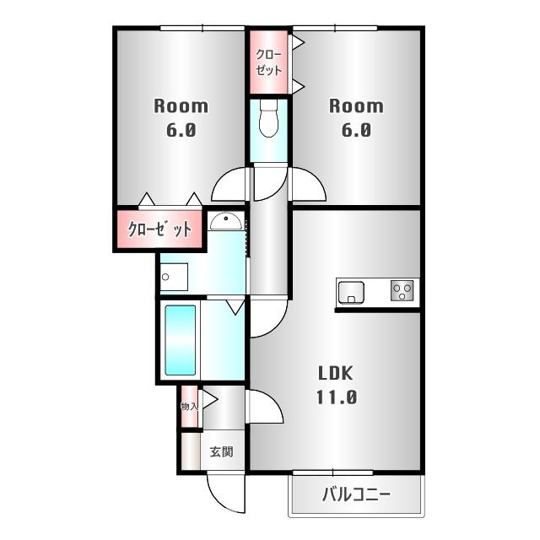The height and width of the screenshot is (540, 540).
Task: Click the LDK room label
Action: (x=334, y=374)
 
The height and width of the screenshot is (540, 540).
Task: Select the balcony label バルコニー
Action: (x=354, y=494)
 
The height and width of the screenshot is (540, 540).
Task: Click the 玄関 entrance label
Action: (x=221, y=452)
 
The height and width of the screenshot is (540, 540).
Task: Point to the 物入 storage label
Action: (x=189, y=407)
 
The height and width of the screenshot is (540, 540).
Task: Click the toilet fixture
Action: (x=269, y=118)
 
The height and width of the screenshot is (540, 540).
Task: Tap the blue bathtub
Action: (x=181, y=339)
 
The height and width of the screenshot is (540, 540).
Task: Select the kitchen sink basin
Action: (x=350, y=292)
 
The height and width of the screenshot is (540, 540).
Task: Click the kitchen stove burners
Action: (x=402, y=291)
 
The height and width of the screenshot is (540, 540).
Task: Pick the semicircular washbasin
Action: (x=225, y=222)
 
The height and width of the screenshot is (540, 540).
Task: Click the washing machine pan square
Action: (x=174, y=277)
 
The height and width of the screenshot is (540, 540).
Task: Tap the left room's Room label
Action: (x=181, y=106)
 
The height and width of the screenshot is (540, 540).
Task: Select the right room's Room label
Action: (x=355, y=106)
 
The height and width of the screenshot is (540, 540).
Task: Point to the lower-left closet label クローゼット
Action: (x=159, y=229)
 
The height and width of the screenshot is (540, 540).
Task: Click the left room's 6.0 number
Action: (x=181, y=131)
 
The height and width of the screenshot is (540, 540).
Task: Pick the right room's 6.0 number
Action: (x=355, y=131)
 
